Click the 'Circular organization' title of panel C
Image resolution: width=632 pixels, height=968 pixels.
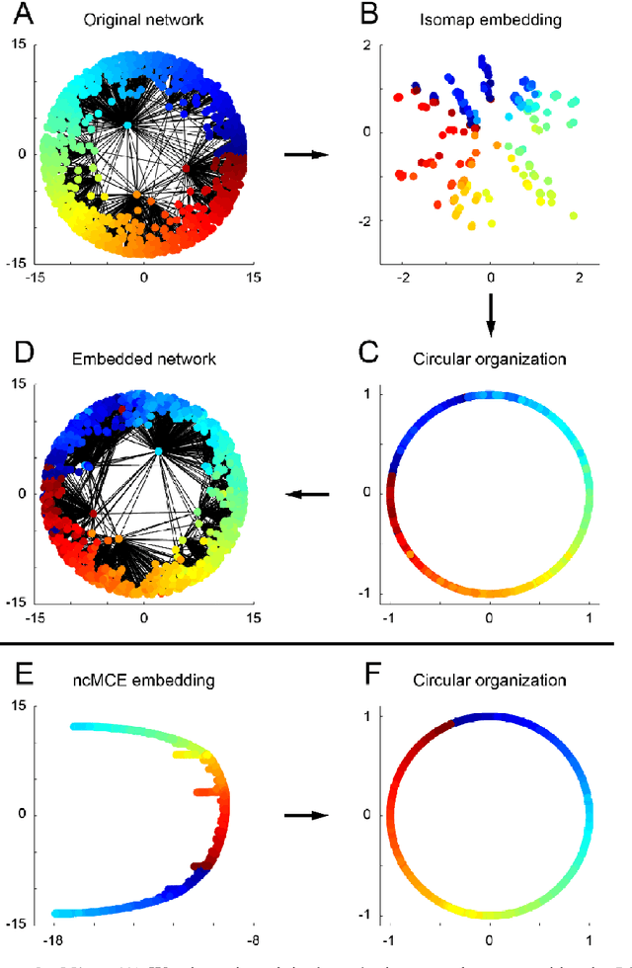489,358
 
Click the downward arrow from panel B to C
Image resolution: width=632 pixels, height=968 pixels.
490,313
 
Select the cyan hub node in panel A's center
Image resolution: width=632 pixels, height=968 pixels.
128,125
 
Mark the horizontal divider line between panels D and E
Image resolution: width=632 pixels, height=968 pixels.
316,643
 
